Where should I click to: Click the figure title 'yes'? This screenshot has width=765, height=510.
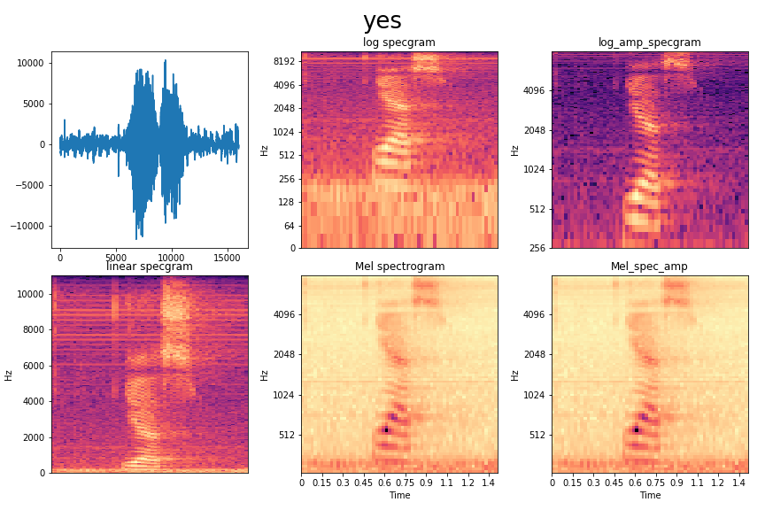[x=382, y=21]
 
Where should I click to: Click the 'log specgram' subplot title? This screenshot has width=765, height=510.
[x=398, y=42]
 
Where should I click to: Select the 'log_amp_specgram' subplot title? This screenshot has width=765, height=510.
[x=649, y=42]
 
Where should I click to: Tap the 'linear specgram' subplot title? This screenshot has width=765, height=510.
[x=149, y=267]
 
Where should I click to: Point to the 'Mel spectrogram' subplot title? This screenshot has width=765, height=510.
[x=399, y=267]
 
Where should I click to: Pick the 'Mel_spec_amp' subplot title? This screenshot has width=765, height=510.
[x=649, y=267]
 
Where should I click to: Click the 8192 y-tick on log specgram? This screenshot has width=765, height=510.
[x=284, y=62]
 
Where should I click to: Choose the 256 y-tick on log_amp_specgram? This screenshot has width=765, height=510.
[x=539, y=248]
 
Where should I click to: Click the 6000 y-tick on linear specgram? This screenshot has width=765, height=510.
[x=32, y=365]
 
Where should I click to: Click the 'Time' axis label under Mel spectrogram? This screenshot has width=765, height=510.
[x=399, y=496]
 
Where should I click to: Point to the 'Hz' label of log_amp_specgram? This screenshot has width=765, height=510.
[x=515, y=150]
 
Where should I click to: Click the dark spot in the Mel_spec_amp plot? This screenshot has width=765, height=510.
[x=636, y=429]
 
